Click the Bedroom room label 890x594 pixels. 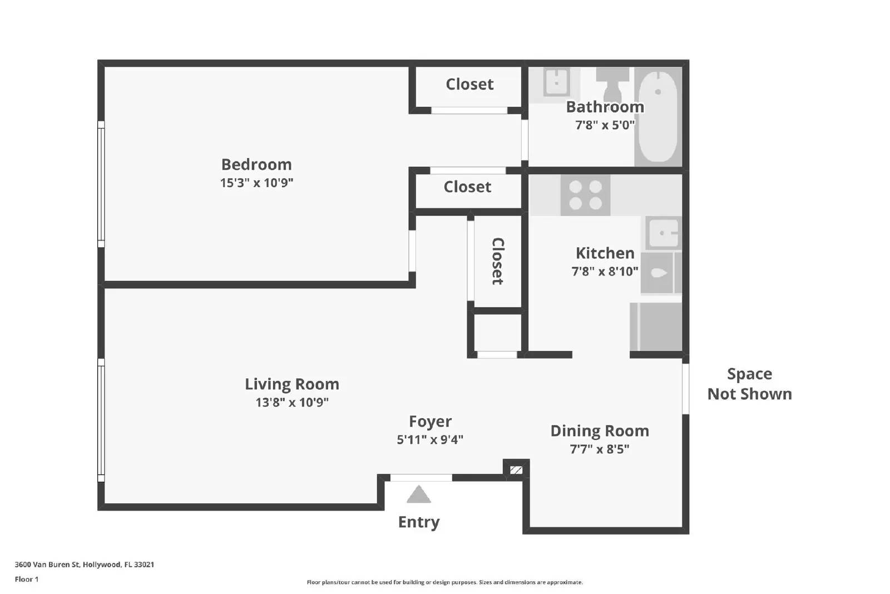(x=256, y=164)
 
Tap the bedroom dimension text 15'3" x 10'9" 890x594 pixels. (x=256, y=183)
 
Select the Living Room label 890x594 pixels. (x=291, y=384)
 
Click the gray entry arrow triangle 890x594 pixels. (x=418, y=495)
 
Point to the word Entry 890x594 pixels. (x=418, y=522)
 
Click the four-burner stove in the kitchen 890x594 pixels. (x=585, y=195)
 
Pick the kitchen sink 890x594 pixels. (x=664, y=233)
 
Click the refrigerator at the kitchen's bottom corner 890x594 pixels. (x=656, y=326)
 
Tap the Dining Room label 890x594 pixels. (x=599, y=431)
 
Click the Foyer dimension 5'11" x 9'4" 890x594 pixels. (x=429, y=440)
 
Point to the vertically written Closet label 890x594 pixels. (x=497, y=261)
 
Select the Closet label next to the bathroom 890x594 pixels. (x=469, y=84)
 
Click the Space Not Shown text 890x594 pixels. (x=749, y=384)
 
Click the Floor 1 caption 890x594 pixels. (x=27, y=580)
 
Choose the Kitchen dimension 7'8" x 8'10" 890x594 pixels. (x=605, y=272)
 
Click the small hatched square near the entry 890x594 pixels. (x=516, y=470)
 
